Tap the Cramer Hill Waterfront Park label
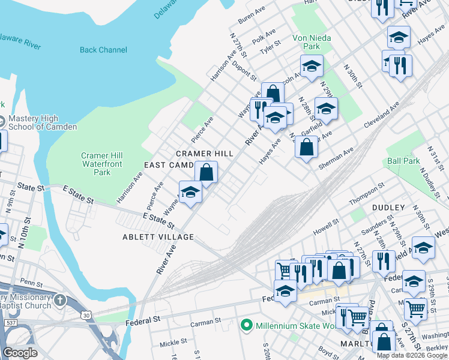coord(101,164)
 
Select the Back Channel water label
coord(103,50)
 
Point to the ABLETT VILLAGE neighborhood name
coord(159,237)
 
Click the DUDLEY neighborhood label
coord(388,208)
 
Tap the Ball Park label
coord(403,161)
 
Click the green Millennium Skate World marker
coord(246,326)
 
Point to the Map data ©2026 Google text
coord(412,355)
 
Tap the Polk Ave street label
coord(264,35)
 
